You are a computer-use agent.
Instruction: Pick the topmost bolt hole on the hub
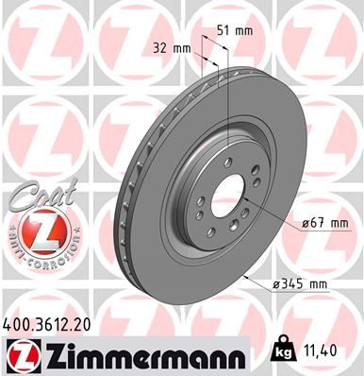230,164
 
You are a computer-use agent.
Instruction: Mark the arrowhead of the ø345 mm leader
242,276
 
